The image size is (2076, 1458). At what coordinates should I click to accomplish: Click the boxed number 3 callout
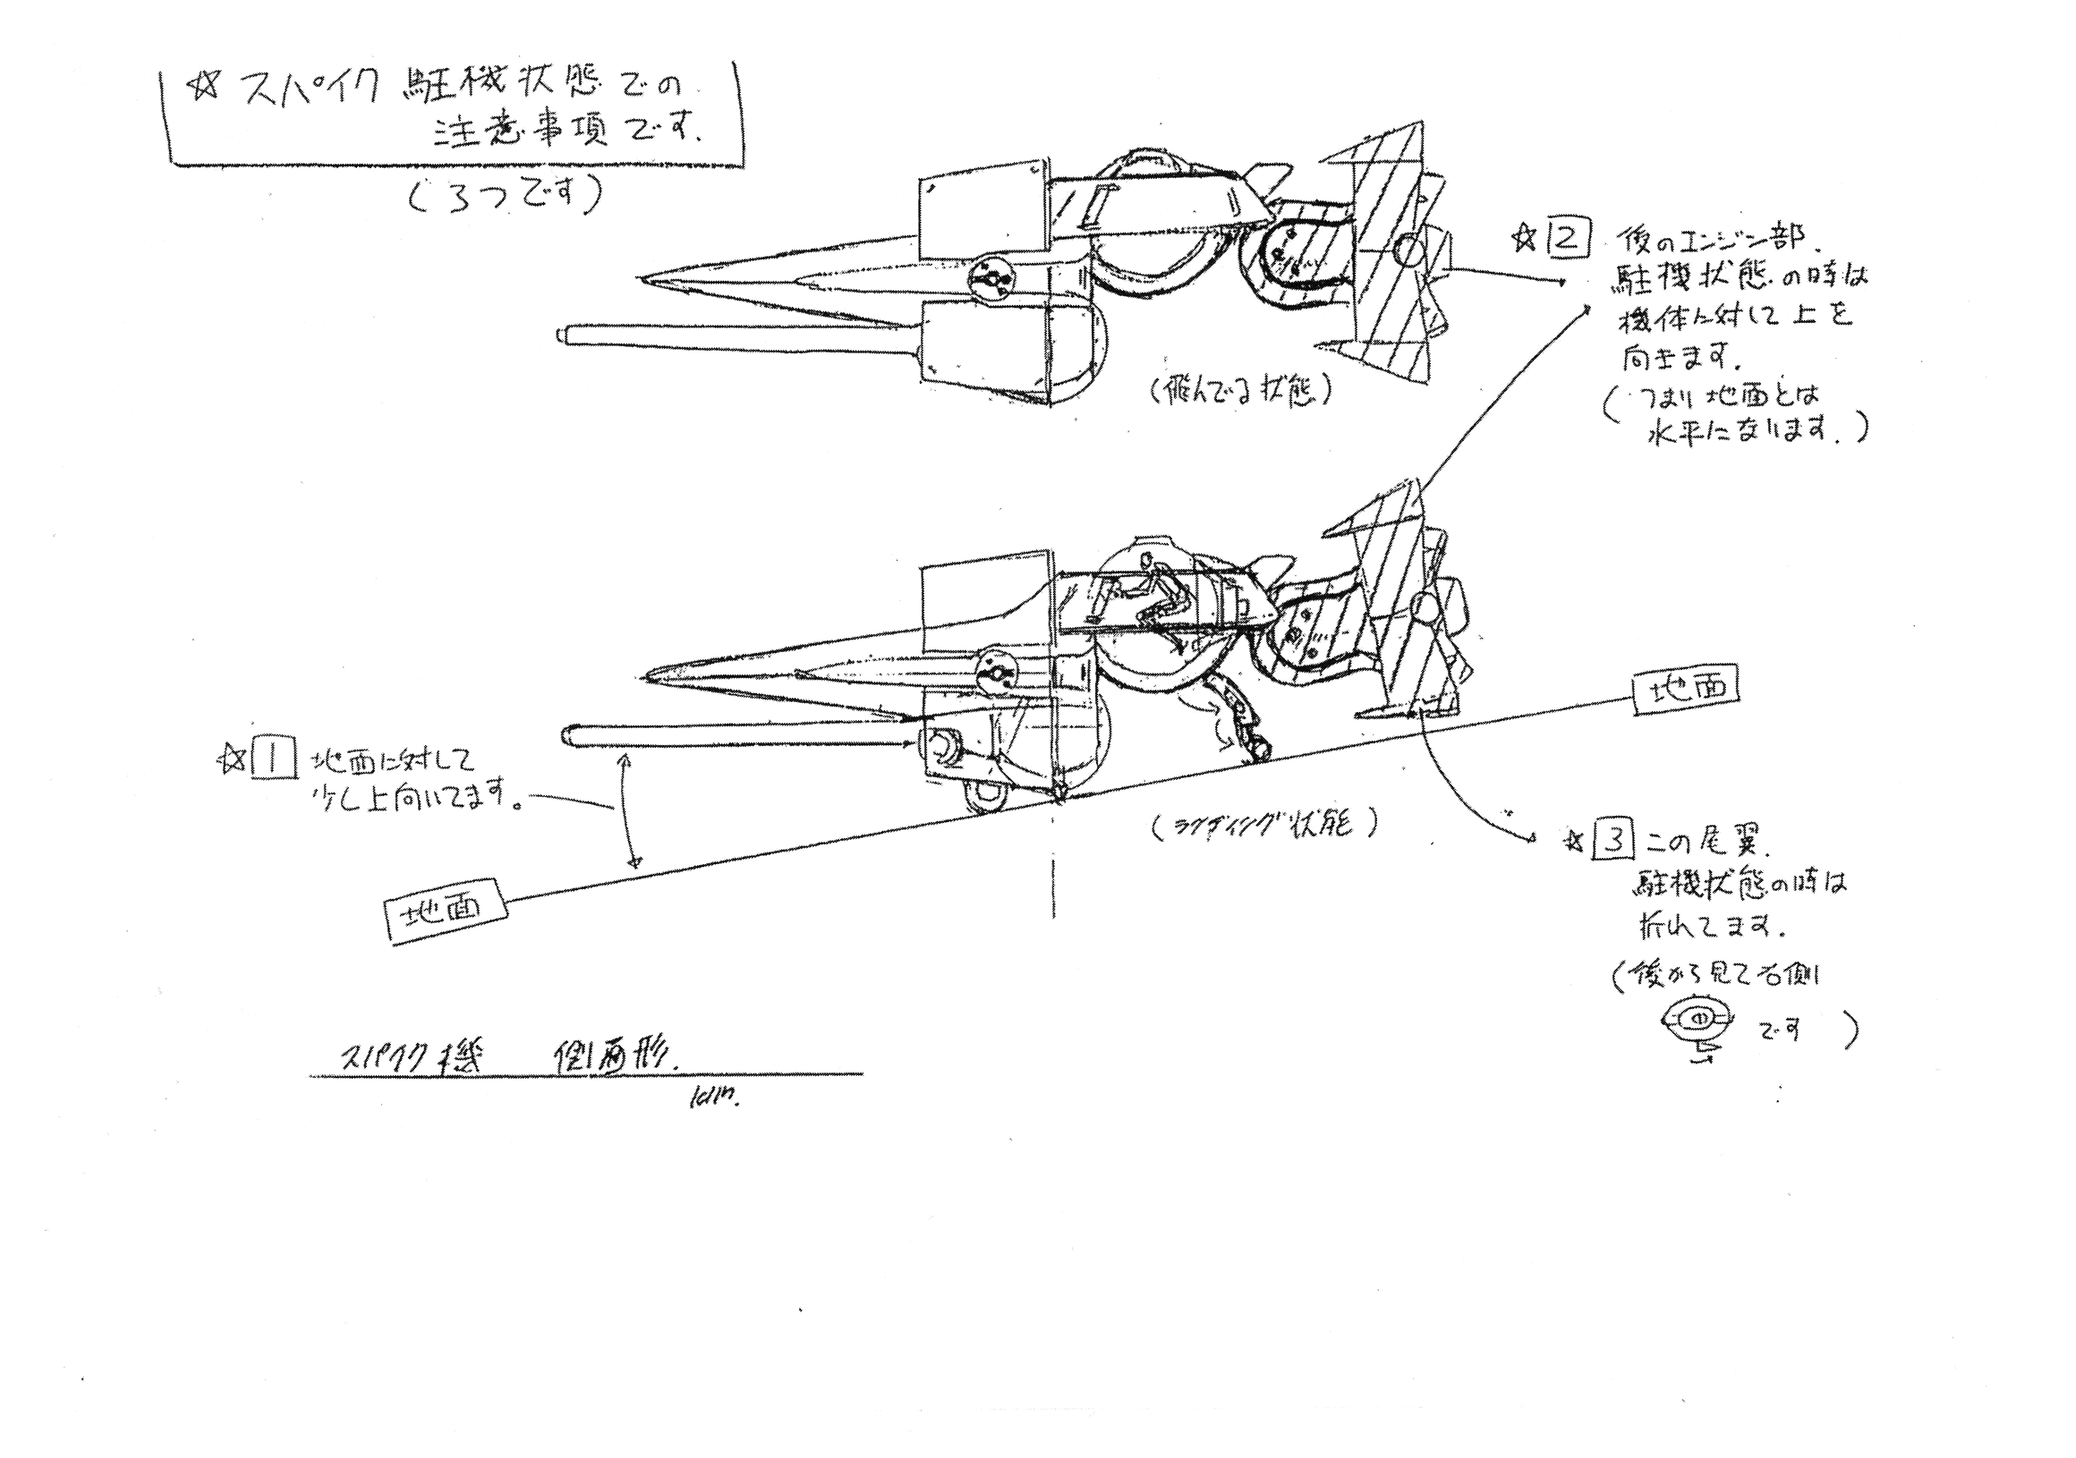[1614, 842]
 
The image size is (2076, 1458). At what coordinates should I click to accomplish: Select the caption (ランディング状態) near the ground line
[1264, 825]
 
